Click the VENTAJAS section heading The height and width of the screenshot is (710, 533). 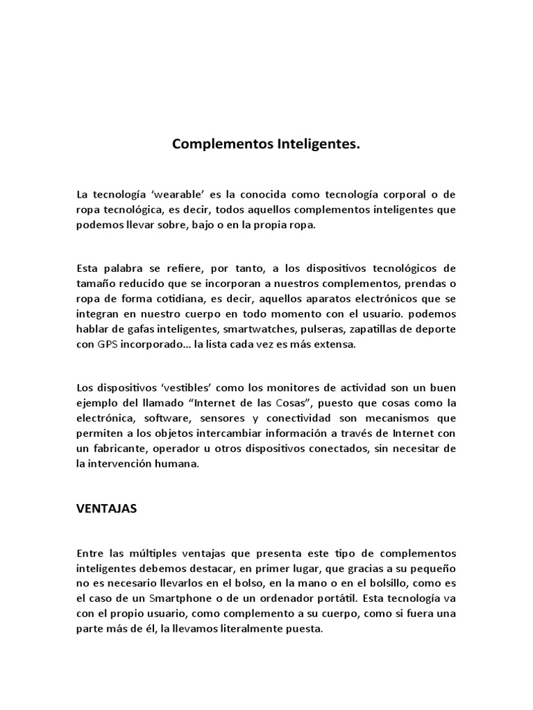[106, 508]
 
